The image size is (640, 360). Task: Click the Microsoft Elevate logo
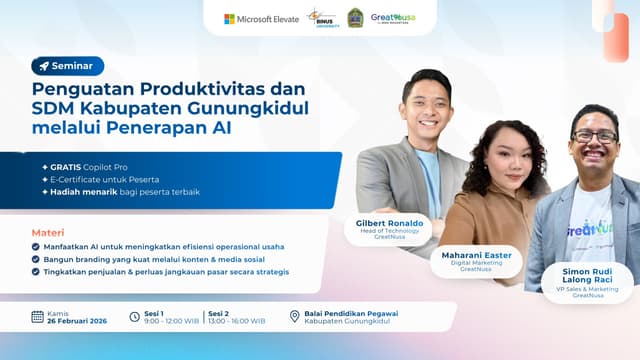pos(261,18)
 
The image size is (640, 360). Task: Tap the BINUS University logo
pos(322,18)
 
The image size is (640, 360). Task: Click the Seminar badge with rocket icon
pos(67,66)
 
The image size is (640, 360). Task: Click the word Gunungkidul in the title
pos(252,108)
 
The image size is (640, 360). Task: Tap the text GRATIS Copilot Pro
pos(96,166)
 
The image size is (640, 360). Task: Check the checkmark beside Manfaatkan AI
pos(37,246)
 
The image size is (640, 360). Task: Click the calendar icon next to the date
pos(37,316)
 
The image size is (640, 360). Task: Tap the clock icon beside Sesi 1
pos(135,317)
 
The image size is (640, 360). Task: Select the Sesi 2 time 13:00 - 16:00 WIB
pos(236,321)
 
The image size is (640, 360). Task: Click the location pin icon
pos(294,317)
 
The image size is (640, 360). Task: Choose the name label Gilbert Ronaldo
pos(388,223)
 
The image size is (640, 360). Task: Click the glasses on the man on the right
pos(594,137)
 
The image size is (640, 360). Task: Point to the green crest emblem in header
pos(355,18)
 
